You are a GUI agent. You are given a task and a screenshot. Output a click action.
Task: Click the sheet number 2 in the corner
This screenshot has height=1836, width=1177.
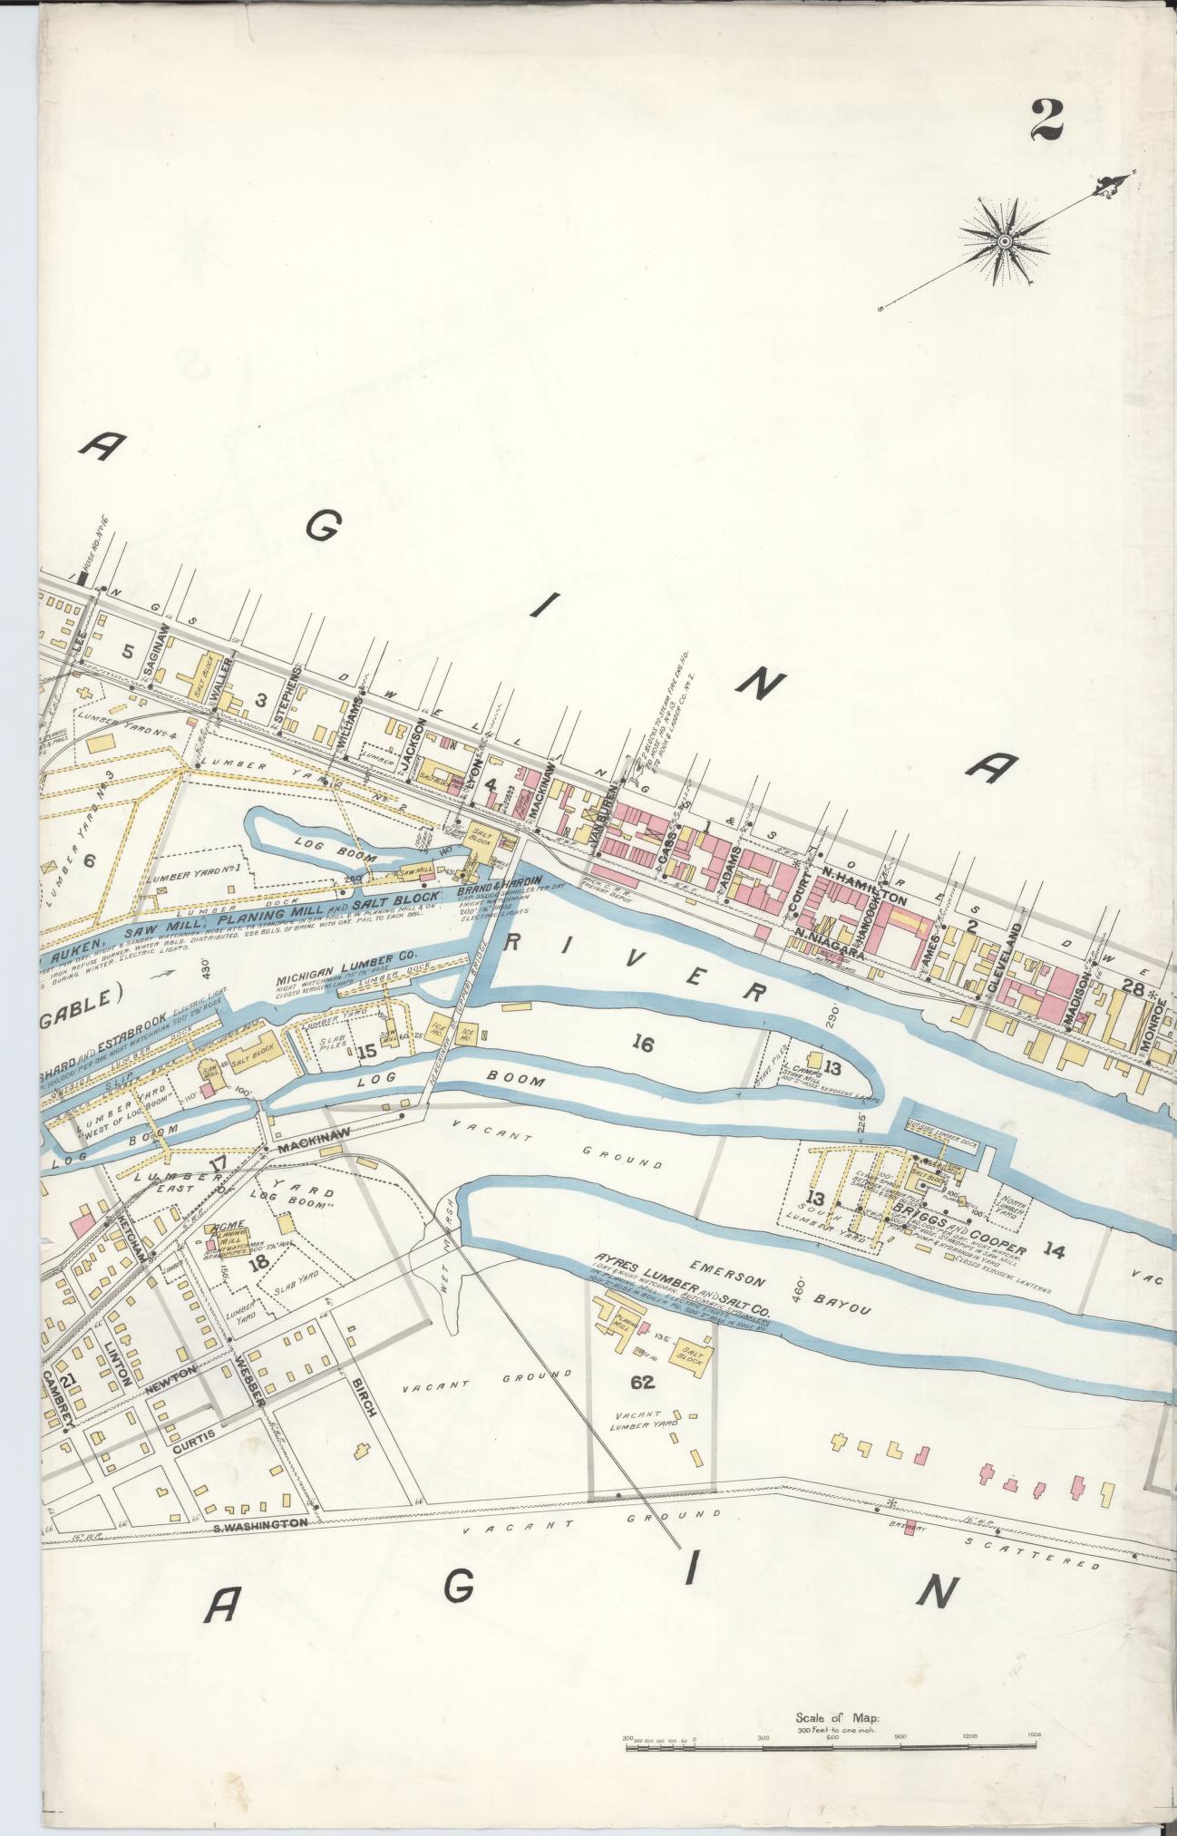[x=1045, y=120]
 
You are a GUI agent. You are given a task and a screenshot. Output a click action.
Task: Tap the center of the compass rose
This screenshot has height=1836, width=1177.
[x=1005, y=241]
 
